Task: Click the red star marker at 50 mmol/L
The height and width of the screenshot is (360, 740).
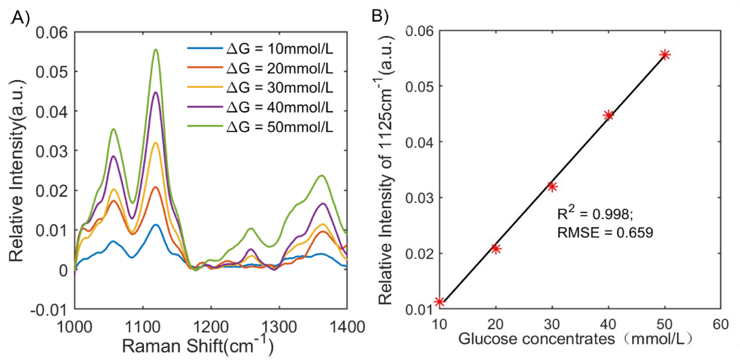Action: [x=665, y=55]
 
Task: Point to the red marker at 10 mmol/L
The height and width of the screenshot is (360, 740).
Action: [x=439, y=302]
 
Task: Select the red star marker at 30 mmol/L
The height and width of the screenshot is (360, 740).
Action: [x=552, y=186]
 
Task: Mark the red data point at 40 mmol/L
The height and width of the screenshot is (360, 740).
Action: [x=609, y=115]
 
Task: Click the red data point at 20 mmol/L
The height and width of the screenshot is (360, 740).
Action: [x=495, y=249]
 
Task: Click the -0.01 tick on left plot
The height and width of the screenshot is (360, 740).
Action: [x=53, y=309]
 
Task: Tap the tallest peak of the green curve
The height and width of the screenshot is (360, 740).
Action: [x=156, y=50]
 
